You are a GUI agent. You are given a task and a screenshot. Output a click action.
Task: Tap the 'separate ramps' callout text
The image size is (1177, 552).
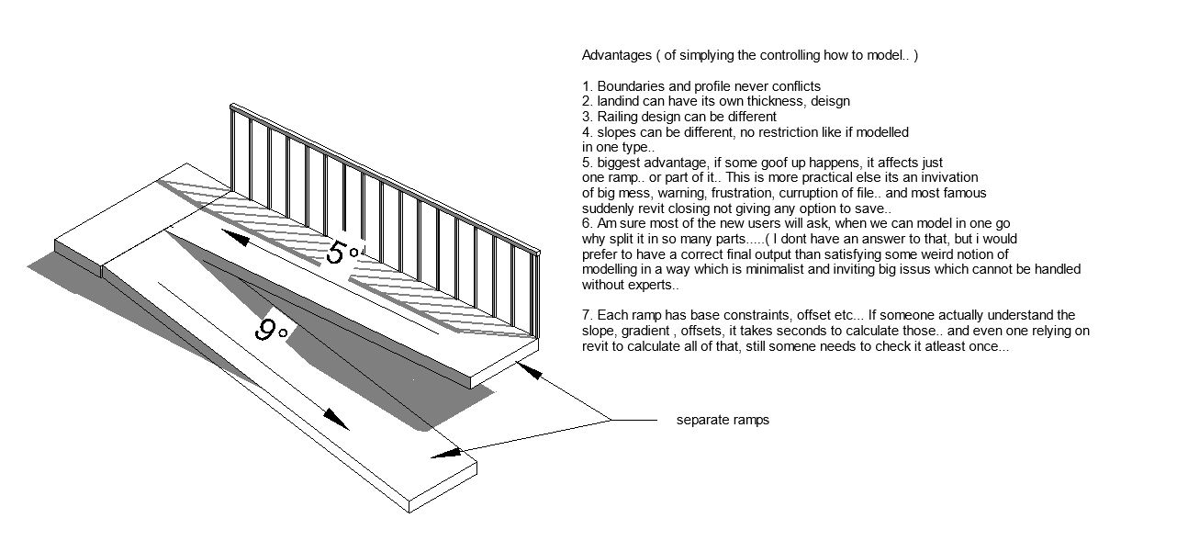click(723, 421)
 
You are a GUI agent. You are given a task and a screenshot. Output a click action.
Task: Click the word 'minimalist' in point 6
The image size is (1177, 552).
click(758, 269)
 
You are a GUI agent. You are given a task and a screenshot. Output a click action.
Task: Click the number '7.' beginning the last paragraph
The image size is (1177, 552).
click(588, 315)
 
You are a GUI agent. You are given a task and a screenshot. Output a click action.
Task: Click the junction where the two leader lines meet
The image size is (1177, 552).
click(612, 421)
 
